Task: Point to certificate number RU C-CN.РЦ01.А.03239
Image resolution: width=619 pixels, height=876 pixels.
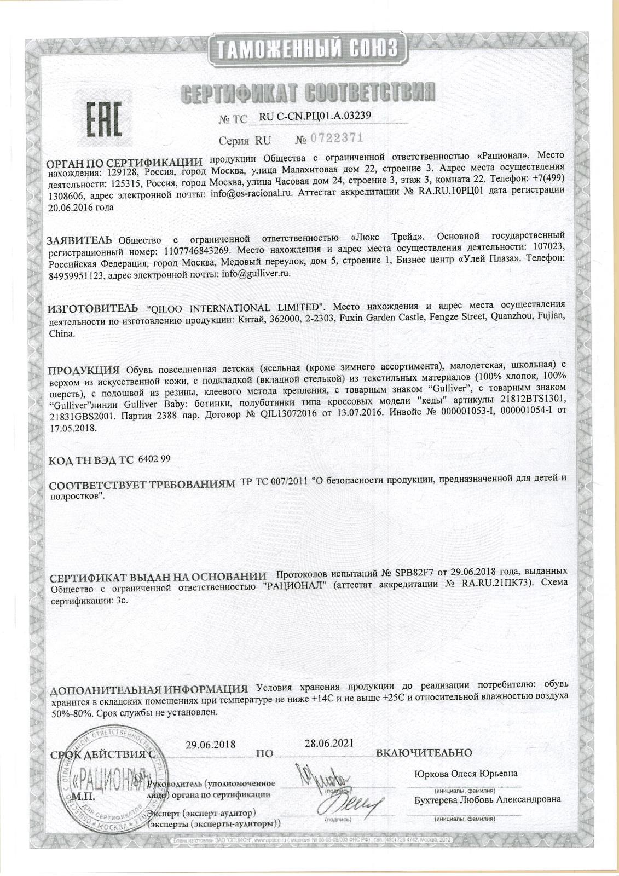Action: pyautogui.click(x=314, y=116)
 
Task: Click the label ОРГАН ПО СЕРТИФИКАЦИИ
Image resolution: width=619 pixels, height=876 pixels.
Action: pyautogui.click(x=124, y=163)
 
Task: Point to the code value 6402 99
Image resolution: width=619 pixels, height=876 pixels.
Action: pyautogui.click(x=155, y=459)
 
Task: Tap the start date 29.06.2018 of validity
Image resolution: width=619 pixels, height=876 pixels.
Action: pyautogui.click(x=210, y=745)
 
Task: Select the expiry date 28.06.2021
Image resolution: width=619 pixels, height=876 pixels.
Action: pyautogui.click(x=328, y=743)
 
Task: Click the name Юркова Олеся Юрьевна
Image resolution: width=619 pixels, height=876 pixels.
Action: pyautogui.click(x=466, y=774)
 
